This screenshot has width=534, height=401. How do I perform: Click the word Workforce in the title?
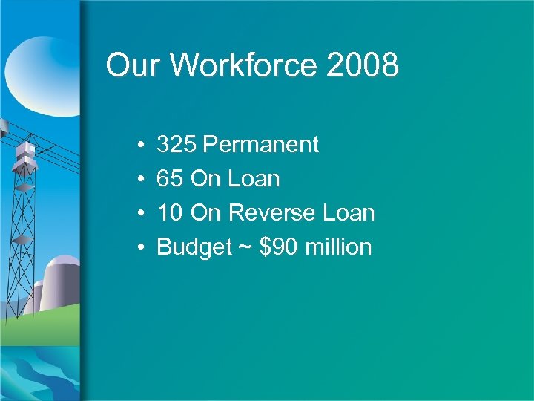tap(243, 65)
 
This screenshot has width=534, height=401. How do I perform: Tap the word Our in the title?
tap(133, 65)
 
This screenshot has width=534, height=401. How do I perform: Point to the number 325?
tap(177, 144)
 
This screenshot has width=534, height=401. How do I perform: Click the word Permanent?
tap(260, 144)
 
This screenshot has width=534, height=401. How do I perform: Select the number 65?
tap(171, 178)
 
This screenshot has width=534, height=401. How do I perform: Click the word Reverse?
tap(271, 212)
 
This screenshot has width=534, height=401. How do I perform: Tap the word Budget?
tap(194, 247)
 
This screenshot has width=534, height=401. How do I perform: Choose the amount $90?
tap(277, 247)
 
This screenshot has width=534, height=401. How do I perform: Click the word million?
tap(337, 247)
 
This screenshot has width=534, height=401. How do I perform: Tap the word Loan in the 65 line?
tap(254, 178)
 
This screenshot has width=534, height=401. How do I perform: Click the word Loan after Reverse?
tap(349, 212)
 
